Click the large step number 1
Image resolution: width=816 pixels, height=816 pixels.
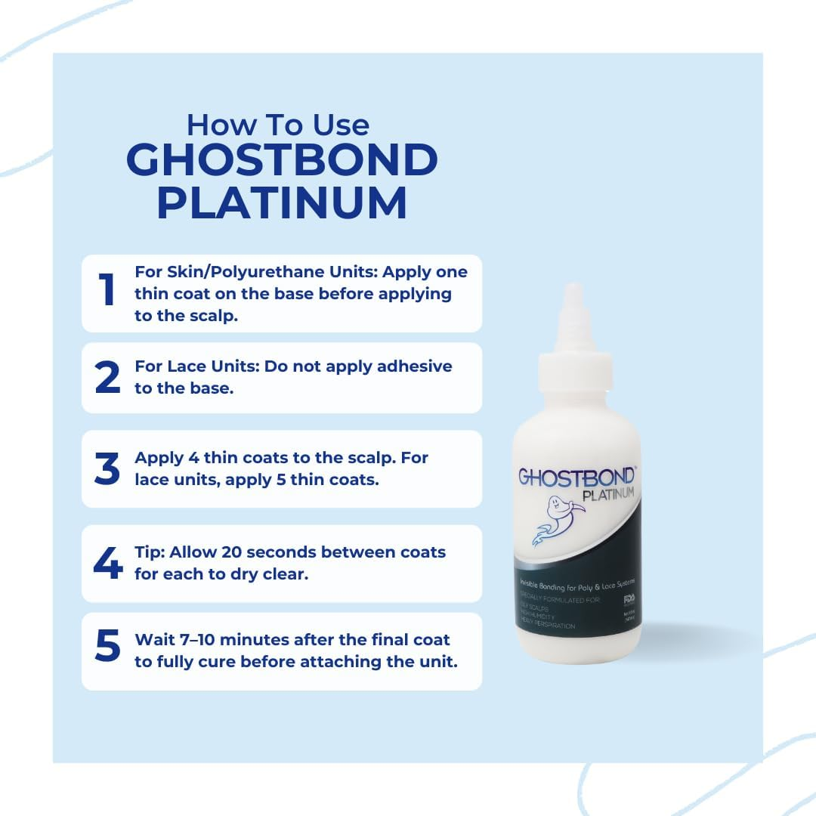[x=107, y=291]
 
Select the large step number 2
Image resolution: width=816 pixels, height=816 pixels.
[x=107, y=378]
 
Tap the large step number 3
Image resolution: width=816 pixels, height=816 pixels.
[x=107, y=469]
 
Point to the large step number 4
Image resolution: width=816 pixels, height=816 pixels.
[x=107, y=564]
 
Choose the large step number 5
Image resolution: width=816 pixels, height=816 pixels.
[x=107, y=648]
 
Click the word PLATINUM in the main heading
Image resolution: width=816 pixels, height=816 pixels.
[x=282, y=202]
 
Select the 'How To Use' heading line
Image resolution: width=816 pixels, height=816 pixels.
[x=277, y=124]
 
